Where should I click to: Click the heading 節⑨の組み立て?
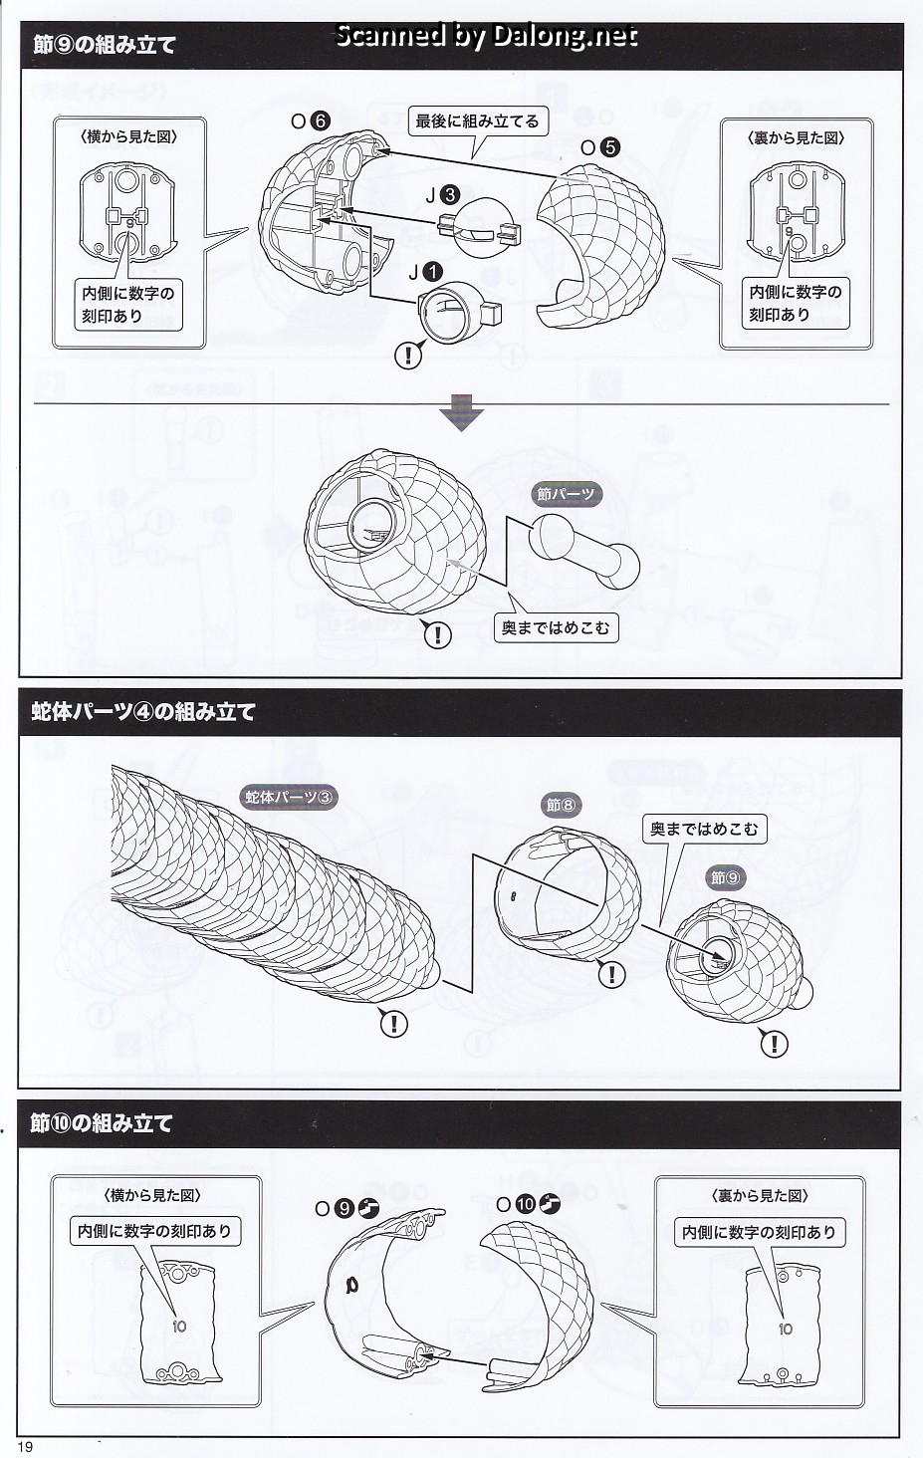click(105, 45)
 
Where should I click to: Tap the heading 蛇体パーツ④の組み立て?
click(143, 711)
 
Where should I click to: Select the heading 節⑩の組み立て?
click(103, 1122)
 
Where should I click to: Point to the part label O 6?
click(310, 121)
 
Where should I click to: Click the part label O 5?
click(600, 147)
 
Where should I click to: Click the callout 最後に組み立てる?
click(477, 121)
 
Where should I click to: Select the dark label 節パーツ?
click(566, 493)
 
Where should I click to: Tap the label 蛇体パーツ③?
click(289, 797)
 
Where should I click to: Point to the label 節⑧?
click(562, 805)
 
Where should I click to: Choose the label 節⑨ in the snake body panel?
click(726, 877)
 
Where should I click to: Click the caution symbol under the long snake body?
click(394, 1022)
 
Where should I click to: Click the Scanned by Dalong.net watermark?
click(486, 37)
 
